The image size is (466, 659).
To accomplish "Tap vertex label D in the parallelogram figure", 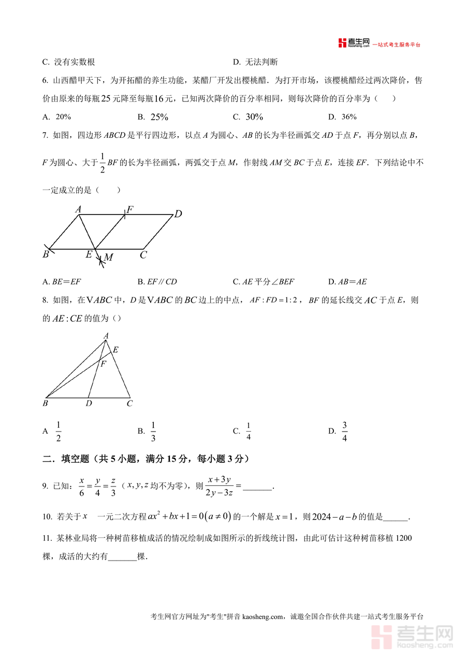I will tap(178, 213).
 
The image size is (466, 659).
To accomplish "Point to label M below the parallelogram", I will tap(108, 257).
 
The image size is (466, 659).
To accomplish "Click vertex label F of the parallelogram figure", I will tap(130, 209).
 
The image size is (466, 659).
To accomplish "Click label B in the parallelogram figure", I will tap(46, 254).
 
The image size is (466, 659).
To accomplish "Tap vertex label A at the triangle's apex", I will tap(106, 336).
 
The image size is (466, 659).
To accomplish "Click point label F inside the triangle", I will tap(103, 364).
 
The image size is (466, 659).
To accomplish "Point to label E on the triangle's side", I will tap(115, 350).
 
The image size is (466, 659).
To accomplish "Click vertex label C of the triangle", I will tap(129, 403).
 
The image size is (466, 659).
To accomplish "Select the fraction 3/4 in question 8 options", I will tap(345, 431).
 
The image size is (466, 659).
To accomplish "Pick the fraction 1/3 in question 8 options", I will tap(153, 431).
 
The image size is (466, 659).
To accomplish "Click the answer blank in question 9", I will tap(257, 487).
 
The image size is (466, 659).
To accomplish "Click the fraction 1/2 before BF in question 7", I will tap(102, 163).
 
